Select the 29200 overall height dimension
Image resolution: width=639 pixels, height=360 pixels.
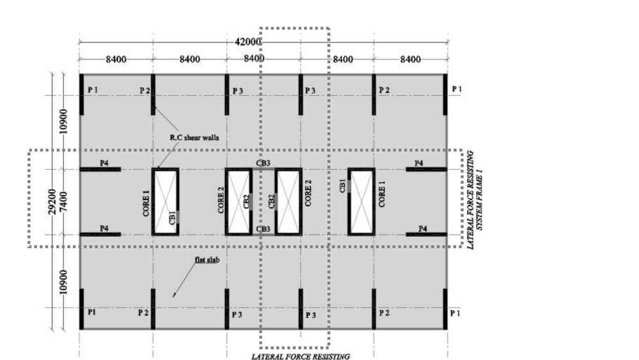pyautogui.click(x=53, y=202)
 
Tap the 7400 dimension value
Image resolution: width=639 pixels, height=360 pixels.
pyautogui.click(x=64, y=202)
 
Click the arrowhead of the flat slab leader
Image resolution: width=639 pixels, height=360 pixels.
pyautogui.click(x=174, y=295)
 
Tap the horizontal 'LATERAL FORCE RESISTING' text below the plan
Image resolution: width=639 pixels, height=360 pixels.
pyautogui.click(x=301, y=357)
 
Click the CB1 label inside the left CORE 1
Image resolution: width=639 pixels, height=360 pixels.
pyautogui.click(x=173, y=218)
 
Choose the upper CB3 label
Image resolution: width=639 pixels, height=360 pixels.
pyautogui.click(x=263, y=163)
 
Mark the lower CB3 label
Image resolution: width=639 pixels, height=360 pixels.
pyautogui.click(x=263, y=228)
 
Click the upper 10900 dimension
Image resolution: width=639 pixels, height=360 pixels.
pyautogui.click(x=64, y=122)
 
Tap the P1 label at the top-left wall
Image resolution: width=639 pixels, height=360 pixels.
pyautogui.click(x=92, y=89)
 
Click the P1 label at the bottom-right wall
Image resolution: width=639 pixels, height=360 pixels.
pyautogui.click(x=455, y=313)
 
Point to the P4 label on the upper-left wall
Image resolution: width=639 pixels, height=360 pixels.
pyautogui.click(x=104, y=163)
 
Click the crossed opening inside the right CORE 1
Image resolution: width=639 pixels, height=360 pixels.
pyautogui.click(x=361, y=202)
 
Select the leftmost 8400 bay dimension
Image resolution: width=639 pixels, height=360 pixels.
pyautogui.click(x=116, y=59)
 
